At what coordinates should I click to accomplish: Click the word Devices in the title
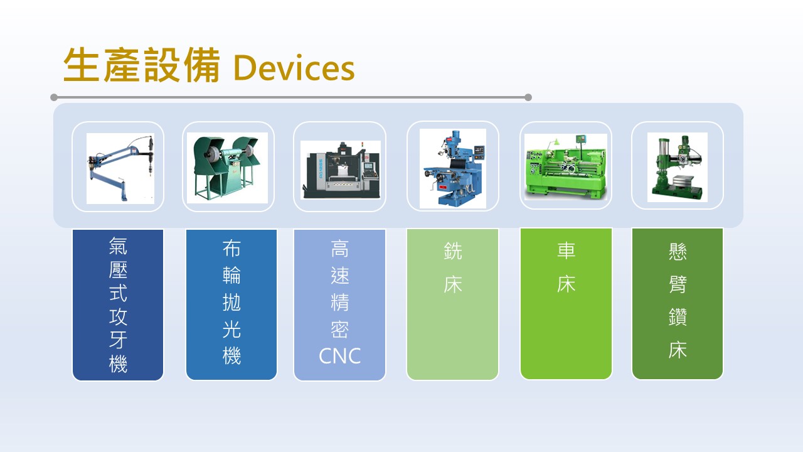click(x=294, y=67)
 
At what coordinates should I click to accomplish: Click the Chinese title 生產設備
click(x=142, y=65)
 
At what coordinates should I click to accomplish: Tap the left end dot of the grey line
click(x=54, y=97)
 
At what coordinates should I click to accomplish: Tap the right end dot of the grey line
click(x=528, y=97)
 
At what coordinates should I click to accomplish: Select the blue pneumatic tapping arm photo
click(x=120, y=169)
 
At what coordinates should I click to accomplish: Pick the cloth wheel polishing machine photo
click(x=227, y=168)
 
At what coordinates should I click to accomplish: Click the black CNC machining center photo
click(x=341, y=170)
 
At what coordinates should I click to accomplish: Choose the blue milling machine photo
click(x=453, y=168)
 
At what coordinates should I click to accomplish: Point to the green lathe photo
click(x=566, y=167)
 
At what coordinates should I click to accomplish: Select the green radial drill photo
click(x=677, y=167)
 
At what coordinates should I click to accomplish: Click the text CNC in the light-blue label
click(x=339, y=356)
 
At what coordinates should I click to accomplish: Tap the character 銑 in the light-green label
click(x=453, y=250)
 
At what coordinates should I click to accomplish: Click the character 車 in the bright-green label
click(x=566, y=250)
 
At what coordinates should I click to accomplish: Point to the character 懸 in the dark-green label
click(x=678, y=252)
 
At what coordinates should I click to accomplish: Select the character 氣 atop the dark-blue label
click(x=118, y=245)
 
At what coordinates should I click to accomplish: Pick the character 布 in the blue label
click(x=231, y=249)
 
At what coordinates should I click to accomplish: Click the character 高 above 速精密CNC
click(x=339, y=249)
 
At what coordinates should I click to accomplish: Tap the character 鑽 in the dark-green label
click(x=678, y=317)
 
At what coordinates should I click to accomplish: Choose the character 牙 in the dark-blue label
click(x=118, y=340)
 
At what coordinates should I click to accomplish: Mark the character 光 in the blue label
click(x=231, y=330)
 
